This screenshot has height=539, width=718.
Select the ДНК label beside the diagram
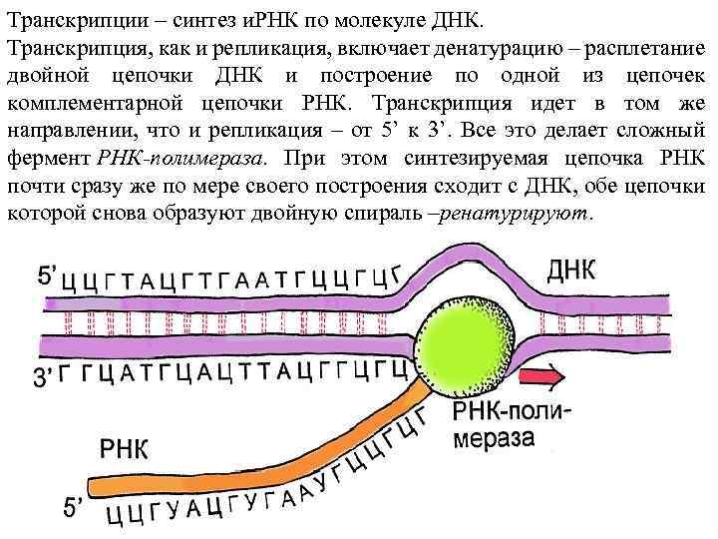[571, 269]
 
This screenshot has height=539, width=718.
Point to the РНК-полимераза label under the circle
[511, 425]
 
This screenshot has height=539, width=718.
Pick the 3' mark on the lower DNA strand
[44, 378]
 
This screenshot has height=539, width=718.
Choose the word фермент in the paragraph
[49, 159]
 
